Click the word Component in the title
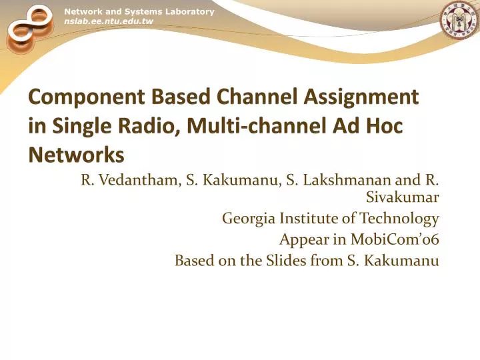(x=71, y=97)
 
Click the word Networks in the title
(x=76, y=155)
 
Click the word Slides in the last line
(x=287, y=261)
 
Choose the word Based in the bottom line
(x=193, y=261)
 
